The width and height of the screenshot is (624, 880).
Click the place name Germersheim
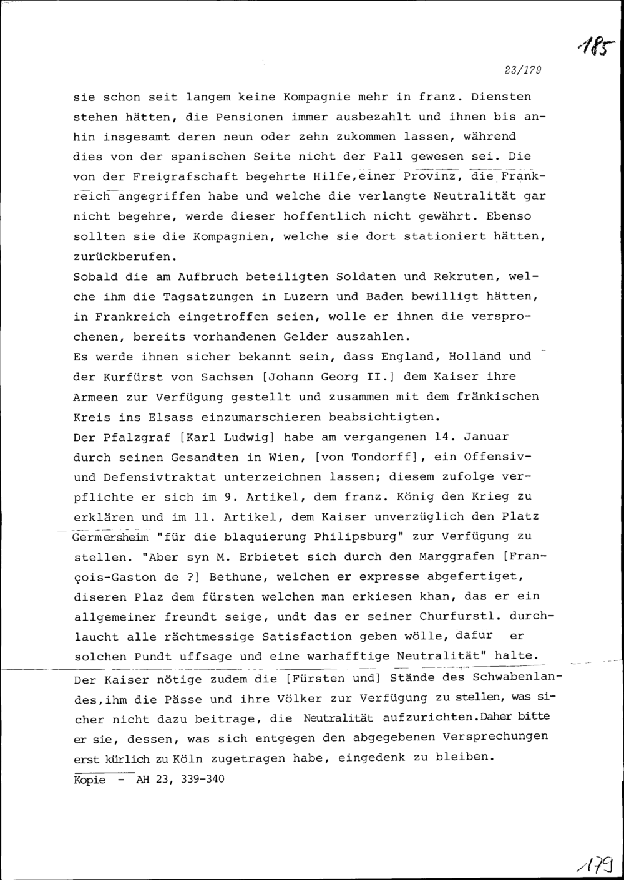click(110, 538)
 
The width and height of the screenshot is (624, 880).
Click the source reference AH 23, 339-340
click(180, 779)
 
